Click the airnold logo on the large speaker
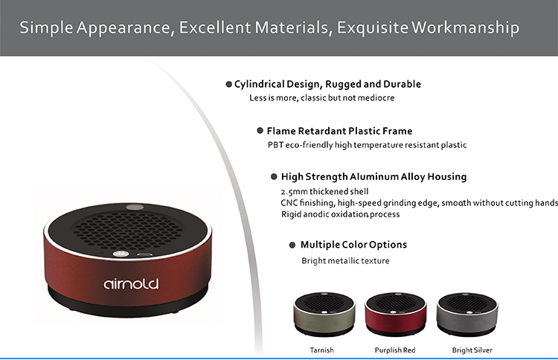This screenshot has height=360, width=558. point(131,283)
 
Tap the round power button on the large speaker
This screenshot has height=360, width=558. point(121,254)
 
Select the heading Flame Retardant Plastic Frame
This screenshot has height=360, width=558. point(339,131)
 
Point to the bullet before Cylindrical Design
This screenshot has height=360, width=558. point(229,84)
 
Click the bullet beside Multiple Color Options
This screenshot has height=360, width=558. point(292,245)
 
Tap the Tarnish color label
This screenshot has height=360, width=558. point(321,350)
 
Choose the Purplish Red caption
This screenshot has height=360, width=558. point(395,350)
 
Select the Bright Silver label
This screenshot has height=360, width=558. point(472,350)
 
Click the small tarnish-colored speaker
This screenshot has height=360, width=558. point(324,314)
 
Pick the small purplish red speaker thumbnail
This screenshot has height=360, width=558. point(396,314)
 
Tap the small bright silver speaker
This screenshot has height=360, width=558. point(467,314)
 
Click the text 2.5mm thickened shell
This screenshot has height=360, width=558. point(324,192)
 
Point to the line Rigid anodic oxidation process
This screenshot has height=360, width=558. point(340,214)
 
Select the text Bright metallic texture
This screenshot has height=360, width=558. point(345,261)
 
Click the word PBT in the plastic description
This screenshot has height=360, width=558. point(275,145)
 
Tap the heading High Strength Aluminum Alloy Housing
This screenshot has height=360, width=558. point(373,177)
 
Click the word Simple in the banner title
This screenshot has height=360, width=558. point(46,28)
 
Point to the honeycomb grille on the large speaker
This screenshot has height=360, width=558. point(127,231)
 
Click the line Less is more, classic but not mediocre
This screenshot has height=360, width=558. point(321,98)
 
